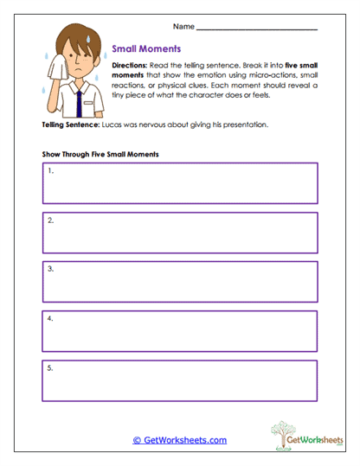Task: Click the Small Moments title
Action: [x=147, y=48]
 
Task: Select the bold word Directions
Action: [x=131, y=66]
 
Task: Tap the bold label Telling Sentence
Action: [x=70, y=125]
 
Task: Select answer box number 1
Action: [x=180, y=182]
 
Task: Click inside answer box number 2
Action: [x=180, y=232]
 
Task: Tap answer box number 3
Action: [x=180, y=281]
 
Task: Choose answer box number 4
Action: [x=180, y=331]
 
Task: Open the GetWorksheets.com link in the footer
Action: [x=179, y=439]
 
